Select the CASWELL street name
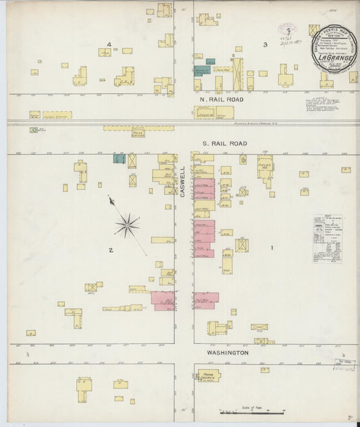pyautogui.click(x=182, y=182)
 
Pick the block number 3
pyautogui.click(x=265, y=45)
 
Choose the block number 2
pyautogui.click(x=110, y=251)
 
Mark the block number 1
pyautogui.click(x=272, y=248)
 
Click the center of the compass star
pyautogui.click(x=127, y=226)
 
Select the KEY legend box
pyautogui.click(x=327, y=238)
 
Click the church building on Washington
pyautogui.click(x=209, y=375)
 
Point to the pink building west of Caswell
pyautogui.click(x=163, y=299)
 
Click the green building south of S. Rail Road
pyautogui.click(x=120, y=159)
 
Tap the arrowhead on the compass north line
pyautogui.click(x=110, y=199)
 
